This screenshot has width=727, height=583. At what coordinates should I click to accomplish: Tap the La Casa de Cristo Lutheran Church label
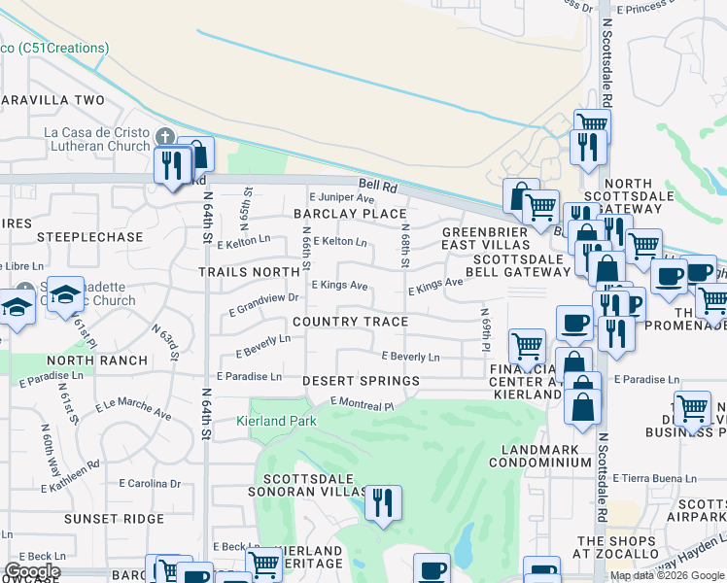94,140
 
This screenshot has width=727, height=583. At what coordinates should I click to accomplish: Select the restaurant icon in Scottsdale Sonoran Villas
383,502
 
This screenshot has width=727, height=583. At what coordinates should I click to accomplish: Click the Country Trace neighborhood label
350,322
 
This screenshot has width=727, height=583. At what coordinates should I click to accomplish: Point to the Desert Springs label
361,381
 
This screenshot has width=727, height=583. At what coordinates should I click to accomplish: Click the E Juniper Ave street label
341,197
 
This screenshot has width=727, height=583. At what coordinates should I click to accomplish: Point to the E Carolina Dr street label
150,483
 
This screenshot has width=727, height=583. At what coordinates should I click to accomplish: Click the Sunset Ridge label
114,519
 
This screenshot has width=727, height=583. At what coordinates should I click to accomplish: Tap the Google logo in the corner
32,571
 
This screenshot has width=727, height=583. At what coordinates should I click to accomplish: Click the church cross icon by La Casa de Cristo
165,136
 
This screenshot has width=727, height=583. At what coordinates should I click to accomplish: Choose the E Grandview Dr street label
262,304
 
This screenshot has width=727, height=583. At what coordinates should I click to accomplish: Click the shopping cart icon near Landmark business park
693,408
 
